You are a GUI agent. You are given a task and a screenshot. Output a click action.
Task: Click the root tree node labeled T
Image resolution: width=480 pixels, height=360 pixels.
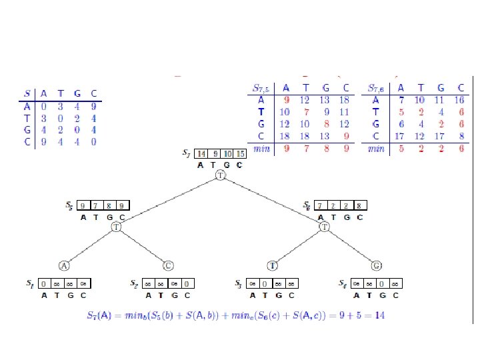pos(221,175)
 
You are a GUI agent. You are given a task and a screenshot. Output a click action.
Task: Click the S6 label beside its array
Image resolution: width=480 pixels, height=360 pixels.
pos(306,206)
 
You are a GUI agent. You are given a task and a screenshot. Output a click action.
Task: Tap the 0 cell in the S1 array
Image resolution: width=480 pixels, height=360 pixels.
pos(44,283)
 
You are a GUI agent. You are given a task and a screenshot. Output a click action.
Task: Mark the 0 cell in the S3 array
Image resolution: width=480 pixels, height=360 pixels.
pos(265,283)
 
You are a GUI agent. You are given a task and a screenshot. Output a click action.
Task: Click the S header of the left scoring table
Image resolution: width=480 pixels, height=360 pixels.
pos(26,93)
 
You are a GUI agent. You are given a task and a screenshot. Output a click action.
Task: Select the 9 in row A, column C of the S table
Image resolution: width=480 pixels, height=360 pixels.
pos(94,105)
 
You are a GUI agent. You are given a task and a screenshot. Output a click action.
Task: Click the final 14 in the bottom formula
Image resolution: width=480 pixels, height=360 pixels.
pos(379,313)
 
